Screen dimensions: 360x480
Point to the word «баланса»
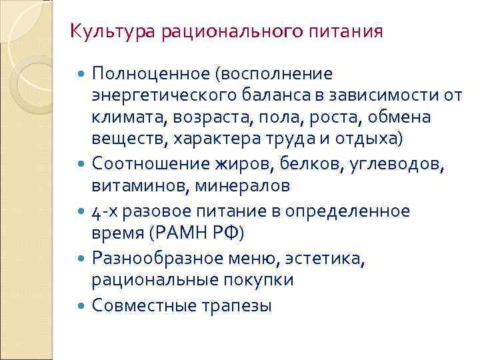[300, 95]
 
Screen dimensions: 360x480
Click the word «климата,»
[129, 117]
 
